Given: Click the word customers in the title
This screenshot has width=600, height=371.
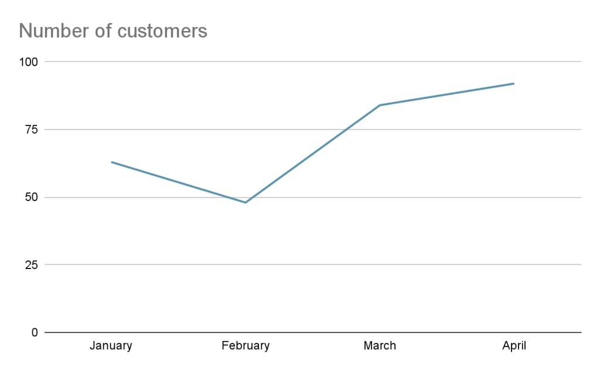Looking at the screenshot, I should point(162,30).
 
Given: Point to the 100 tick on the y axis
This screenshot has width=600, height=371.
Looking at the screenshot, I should point(29,62).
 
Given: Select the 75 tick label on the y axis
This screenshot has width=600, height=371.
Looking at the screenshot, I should point(32,130).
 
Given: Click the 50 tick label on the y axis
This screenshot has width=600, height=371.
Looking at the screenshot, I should point(32,197).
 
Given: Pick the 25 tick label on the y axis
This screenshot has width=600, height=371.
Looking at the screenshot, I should point(32,265).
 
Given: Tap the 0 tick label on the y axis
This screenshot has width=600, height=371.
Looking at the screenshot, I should point(35,332).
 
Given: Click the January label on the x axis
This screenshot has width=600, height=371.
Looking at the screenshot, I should point(111,346).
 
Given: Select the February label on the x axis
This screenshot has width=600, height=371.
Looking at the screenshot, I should point(246,346).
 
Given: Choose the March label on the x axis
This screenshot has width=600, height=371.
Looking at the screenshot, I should point(380,346).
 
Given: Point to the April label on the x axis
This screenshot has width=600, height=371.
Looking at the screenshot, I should point(514,346).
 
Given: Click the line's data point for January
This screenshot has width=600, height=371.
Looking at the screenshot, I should point(111,162).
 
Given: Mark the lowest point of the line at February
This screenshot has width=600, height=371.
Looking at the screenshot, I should point(246,203).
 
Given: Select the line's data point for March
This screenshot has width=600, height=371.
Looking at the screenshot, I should point(380,105).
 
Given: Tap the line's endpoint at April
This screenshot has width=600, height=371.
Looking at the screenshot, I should point(514,83).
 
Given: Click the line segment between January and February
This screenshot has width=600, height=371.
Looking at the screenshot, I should point(179,182).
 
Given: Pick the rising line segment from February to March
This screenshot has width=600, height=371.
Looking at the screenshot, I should point(312,154).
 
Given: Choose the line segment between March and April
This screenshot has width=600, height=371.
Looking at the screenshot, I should point(446,94).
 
